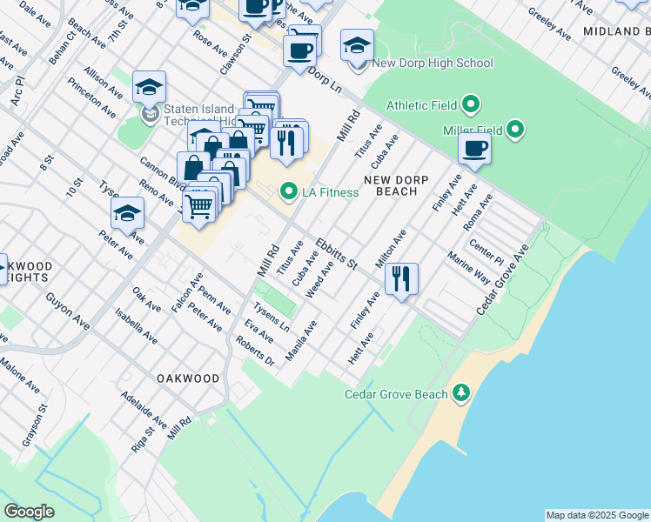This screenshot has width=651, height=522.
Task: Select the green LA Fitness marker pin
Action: click(x=288, y=191)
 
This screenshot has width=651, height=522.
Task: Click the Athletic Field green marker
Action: click(x=471, y=105)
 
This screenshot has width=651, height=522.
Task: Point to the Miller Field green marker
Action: click(x=515, y=130)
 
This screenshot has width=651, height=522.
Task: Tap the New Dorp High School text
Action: click(x=432, y=63)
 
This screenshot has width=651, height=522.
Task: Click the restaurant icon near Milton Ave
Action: click(x=401, y=279)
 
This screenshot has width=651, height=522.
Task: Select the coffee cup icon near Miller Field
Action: click(x=474, y=148)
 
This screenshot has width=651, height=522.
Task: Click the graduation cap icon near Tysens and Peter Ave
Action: click(x=127, y=214)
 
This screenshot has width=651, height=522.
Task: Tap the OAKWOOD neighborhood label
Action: click(x=187, y=378)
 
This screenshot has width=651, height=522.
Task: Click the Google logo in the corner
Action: click(x=29, y=512)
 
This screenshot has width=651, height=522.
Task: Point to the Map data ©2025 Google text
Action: click(x=596, y=515)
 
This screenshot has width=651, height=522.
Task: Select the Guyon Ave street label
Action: click(x=69, y=308)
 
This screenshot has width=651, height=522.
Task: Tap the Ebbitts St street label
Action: click(x=337, y=253)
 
